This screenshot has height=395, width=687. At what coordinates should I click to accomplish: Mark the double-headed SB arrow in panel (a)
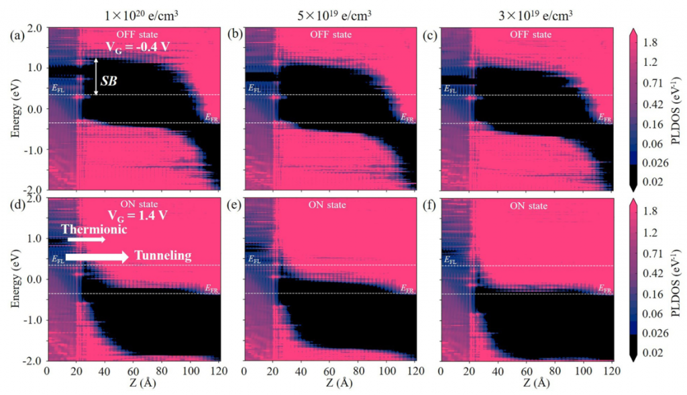click(x=97, y=76)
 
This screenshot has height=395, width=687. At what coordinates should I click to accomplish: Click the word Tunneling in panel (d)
click(x=163, y=255)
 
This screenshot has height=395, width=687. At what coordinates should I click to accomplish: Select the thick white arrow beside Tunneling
click(x=97, y=256)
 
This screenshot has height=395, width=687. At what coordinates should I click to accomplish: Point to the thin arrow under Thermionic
click(x=84, y=238)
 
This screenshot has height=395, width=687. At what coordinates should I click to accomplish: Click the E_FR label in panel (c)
click(x=605, y=118)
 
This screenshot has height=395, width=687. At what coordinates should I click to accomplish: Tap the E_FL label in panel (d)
click(x=58, y=258)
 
